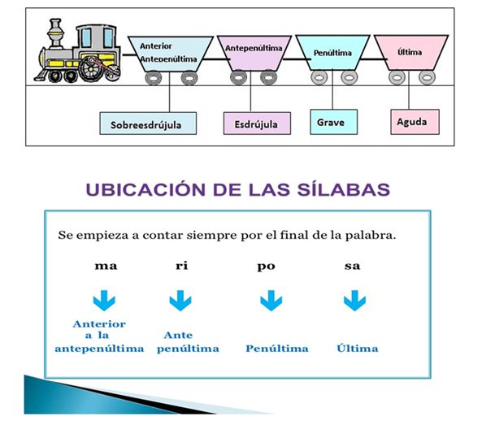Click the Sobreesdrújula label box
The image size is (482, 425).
[x=148, y=124]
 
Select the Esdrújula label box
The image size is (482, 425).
[x=257, y=124]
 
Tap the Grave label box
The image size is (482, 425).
[x=334, y=122]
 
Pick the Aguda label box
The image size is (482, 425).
[x=415, y=122]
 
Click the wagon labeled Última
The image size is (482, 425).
[x=411, y=53]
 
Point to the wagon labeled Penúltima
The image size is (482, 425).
[x=332, y=53]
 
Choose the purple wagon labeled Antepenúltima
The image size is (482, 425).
[x=254, y=53]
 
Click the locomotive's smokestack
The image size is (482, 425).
[x=55, y=33]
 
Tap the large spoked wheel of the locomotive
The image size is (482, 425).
[x=91, y=69]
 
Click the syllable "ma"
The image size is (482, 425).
[x=106, y=266]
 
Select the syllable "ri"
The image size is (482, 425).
[x=182, y=265]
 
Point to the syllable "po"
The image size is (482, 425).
[x=267, y=267]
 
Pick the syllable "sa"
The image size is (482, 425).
[x=352, y=266]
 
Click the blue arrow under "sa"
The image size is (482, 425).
[x=354, y=300]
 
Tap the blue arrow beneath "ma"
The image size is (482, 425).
[x=104, y=300]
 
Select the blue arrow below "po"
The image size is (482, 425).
[x=271, y=300]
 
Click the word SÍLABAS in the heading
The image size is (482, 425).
[x=344, y=189]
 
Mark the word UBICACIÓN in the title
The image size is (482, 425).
[x=145, y=189]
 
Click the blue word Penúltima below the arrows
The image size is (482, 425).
[x=277, y=349]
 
